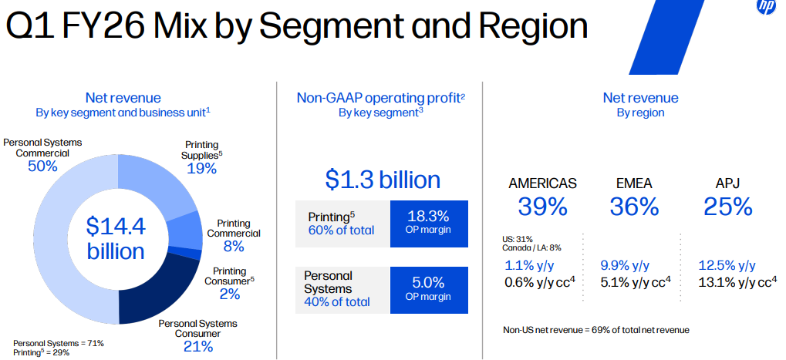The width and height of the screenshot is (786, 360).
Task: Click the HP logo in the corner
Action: pyautogui.click(x=766, y=7)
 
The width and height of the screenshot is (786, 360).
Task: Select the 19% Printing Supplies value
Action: pyautogui.click(x=201, y=168)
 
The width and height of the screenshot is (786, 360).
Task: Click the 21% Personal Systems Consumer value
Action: pyautogui.click(x=198, y=346)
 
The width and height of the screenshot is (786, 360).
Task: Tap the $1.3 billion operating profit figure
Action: pyautogui.click(x=383, y=180)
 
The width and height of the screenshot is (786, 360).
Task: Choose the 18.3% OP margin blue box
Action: pyautogui.click(x=429, y=224)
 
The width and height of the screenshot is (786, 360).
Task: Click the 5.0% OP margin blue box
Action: pyautogui.click(x=429, y=289)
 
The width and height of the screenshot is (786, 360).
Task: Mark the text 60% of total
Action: pyautogui.click(x=341, y=230)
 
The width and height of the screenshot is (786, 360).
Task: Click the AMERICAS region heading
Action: pyautogui.click(x=542, y=183)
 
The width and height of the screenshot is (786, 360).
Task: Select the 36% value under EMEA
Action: pyautogui.click(x=634, y=207)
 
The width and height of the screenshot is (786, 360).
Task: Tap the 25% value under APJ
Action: pyautogui.click(x=727, y=207)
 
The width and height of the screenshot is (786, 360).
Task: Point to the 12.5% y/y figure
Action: pyautogui.click(x=727, y=265)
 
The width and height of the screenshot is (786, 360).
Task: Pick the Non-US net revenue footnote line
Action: pyautogui.click(x=595, y=329)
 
